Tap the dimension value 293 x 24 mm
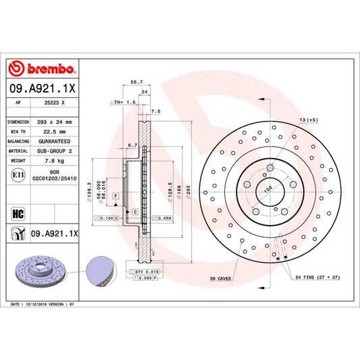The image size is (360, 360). coord(54,122)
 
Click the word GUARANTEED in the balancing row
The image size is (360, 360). coord(54,141)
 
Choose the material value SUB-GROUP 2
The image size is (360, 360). coord(54,151)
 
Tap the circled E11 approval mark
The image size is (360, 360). coord(16,176)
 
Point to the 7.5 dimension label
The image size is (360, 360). coord(156,111)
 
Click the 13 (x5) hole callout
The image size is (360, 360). coord(307,120)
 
